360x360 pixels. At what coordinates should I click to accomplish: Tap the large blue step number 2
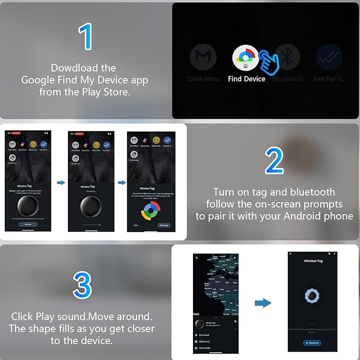point(274,161)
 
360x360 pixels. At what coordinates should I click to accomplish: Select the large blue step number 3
point(82,285)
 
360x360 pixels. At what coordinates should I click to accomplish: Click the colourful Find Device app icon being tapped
point(245,58)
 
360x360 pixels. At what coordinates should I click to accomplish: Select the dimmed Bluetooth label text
point(287,79)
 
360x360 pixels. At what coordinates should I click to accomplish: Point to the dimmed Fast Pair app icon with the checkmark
point(328,58)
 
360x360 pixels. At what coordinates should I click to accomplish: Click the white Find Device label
point(247,79)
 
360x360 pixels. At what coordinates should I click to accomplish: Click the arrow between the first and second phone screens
point(60,182)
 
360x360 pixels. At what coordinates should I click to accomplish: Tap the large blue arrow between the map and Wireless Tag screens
point(262,303)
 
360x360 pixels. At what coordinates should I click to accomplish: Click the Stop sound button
point(313,343)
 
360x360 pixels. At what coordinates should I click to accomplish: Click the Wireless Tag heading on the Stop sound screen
point(313,261)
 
